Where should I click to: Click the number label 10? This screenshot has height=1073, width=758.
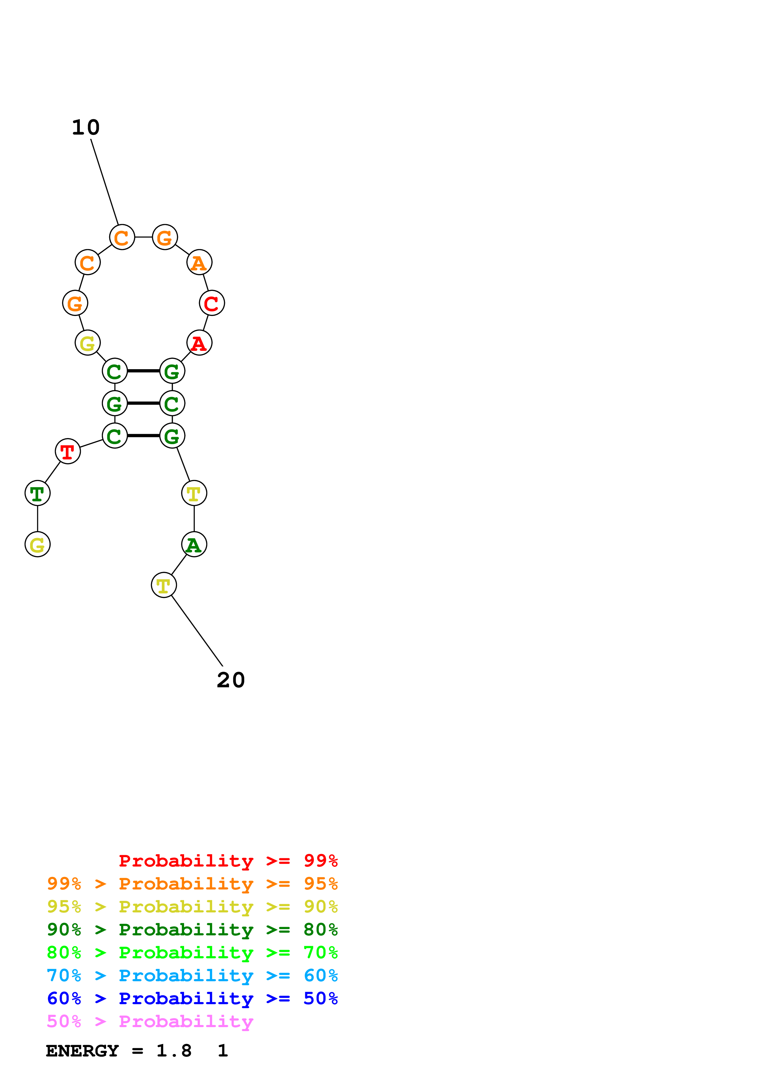coord(86,128)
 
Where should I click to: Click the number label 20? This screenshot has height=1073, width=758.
coord(231,680)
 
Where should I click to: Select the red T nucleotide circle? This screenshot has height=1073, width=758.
coord(68,451)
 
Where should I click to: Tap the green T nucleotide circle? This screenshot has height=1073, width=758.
coord(37,493)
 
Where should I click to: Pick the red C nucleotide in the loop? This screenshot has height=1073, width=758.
coord(212,303)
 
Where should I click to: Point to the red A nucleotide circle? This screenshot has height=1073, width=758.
coord(199,343)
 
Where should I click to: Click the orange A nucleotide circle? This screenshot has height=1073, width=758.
coord(199,263)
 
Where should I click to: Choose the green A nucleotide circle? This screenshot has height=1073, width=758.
coord(194,544)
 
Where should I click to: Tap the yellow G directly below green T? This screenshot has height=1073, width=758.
coord(37,544)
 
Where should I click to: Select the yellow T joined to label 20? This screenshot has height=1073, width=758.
coord(164,585)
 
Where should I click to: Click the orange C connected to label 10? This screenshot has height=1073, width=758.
coord(122,237)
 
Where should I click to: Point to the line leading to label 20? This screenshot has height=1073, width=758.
coord(197,631)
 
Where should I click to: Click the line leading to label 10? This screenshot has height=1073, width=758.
coord(105,182)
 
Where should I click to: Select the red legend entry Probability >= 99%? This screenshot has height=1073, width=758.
coord(228,861)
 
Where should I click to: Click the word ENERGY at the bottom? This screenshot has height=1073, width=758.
coord(82,1051)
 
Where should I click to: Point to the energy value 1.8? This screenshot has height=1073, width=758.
coord(174,1051)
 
